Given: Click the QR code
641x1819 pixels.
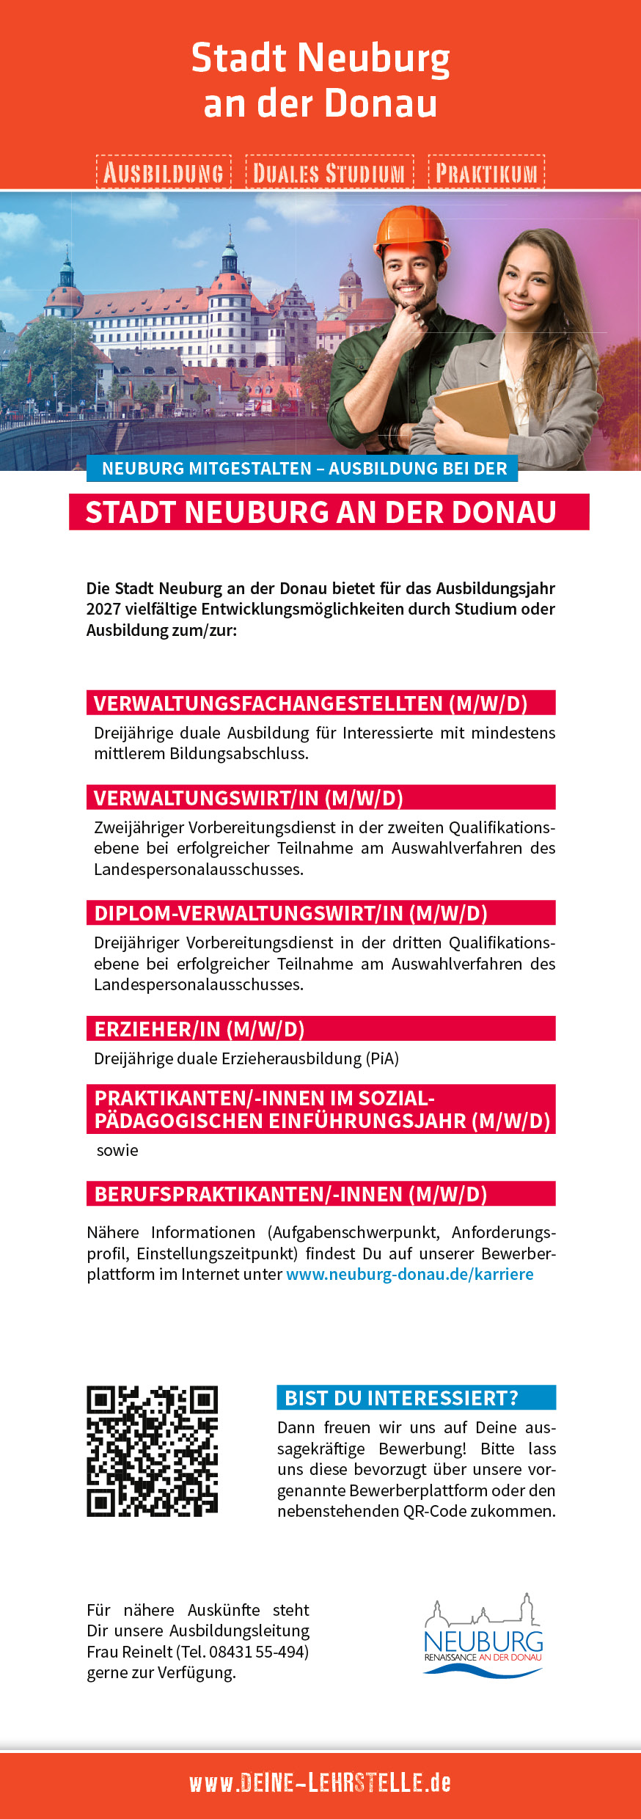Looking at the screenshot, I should pos(152,1451).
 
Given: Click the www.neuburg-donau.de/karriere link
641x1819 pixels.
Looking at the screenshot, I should pos(409,1274).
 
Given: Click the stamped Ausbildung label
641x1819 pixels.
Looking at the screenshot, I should pos(164,172).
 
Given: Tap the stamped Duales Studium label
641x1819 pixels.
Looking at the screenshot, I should pos(329,173).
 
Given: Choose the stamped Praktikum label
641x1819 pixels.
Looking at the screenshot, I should pos(486,172).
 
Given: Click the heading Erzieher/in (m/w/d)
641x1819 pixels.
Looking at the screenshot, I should pos(199,1029).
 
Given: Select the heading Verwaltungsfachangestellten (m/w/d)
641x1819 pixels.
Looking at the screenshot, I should pos(310,703).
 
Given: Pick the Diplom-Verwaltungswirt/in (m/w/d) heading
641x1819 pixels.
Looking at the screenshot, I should pos(290,913).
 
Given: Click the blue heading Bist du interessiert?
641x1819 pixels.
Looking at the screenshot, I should pos(401,1398).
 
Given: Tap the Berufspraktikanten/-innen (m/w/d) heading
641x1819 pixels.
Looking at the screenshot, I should pos(290,1194).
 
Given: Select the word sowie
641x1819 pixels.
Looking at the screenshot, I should pos(117,1150).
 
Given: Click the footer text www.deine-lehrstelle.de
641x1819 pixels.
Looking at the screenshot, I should pos(320,1783).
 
